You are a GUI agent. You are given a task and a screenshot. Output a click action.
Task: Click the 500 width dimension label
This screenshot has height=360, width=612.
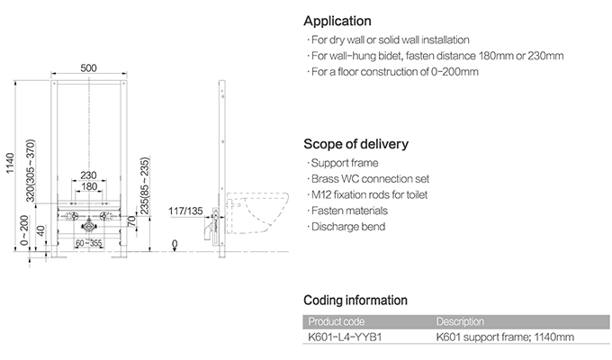88,67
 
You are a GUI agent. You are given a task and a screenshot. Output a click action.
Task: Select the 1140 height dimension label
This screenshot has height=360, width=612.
10,163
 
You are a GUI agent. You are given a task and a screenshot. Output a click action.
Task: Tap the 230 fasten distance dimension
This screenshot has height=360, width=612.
88,175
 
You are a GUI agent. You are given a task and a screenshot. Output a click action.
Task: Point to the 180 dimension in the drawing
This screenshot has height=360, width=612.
89,186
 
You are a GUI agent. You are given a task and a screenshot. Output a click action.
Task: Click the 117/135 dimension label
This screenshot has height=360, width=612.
185,211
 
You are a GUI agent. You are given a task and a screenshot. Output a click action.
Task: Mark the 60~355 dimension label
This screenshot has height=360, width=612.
88,243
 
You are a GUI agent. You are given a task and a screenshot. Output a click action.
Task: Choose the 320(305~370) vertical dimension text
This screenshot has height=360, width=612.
31,171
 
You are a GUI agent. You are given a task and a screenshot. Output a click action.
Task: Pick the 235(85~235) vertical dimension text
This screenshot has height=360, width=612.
145,186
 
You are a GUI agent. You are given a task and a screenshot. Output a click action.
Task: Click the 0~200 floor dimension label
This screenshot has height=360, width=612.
24,230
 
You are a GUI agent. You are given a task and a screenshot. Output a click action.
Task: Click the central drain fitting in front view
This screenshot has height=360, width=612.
89,226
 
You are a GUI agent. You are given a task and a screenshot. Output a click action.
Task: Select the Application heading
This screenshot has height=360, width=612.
337,21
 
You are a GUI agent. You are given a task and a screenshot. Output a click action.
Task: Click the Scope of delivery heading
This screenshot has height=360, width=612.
356,144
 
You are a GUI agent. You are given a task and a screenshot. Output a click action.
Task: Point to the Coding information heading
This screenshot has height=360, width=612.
355,300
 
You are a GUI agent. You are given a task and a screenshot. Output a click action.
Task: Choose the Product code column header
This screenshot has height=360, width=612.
337,321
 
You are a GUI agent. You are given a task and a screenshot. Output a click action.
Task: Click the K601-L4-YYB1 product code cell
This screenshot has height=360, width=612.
345,337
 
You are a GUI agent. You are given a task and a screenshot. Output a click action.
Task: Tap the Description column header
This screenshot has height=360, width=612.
460,321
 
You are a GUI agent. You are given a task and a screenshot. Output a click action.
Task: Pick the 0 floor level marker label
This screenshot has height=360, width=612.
175,244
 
